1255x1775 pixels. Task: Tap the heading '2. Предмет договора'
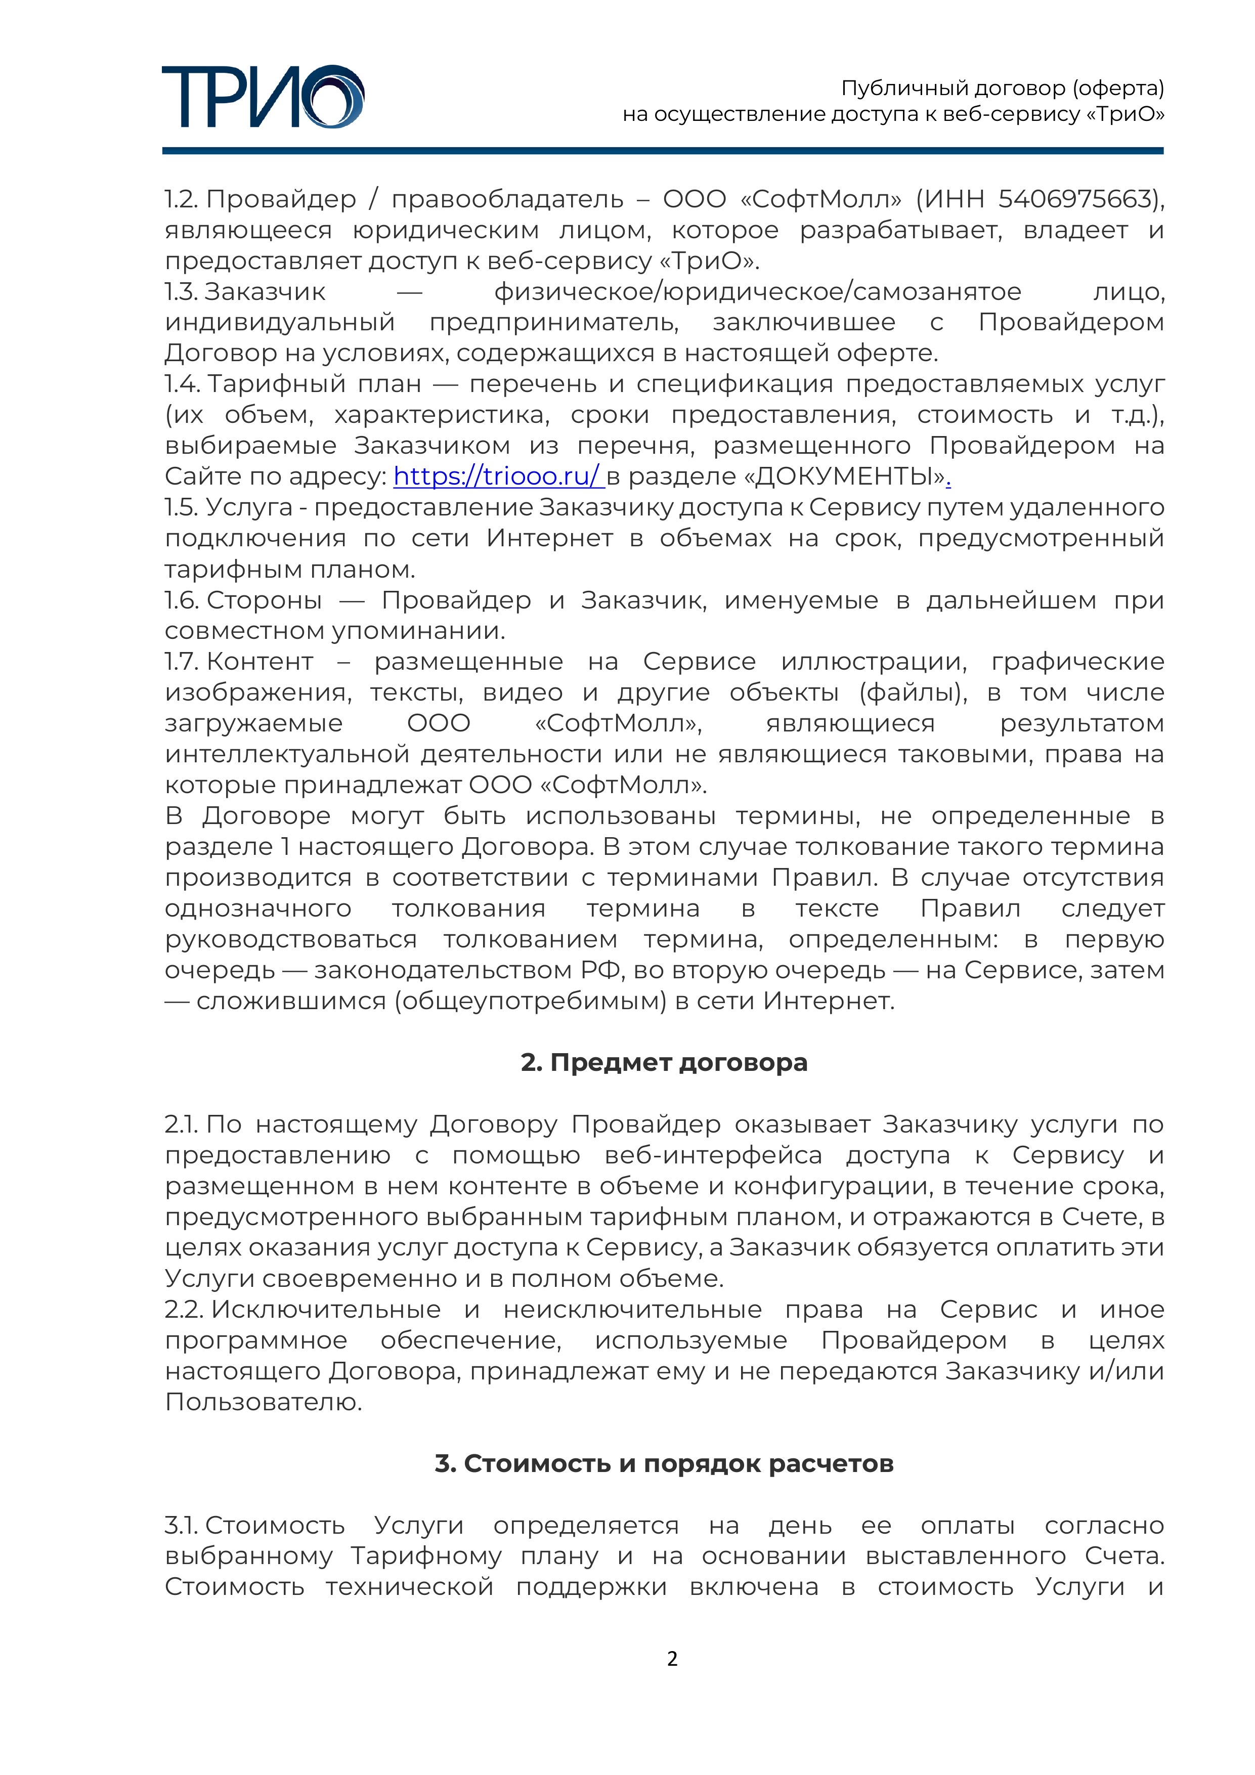coord(664,1062)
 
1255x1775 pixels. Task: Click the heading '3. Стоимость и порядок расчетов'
coord(664,1463)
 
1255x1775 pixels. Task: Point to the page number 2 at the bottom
coord(672,1659)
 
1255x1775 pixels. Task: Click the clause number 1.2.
coord(181,199)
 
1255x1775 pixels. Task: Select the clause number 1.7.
coord(181,662)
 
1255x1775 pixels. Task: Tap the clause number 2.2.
coord(183,1310)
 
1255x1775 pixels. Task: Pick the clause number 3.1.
coord(181,1525)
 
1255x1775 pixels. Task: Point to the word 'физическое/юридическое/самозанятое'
coord(757,291)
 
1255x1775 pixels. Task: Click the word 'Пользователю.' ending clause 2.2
coord(264,1402)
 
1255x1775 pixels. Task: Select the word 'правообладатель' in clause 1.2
coord(507,199)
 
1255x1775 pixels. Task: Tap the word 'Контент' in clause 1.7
coord(260,662)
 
